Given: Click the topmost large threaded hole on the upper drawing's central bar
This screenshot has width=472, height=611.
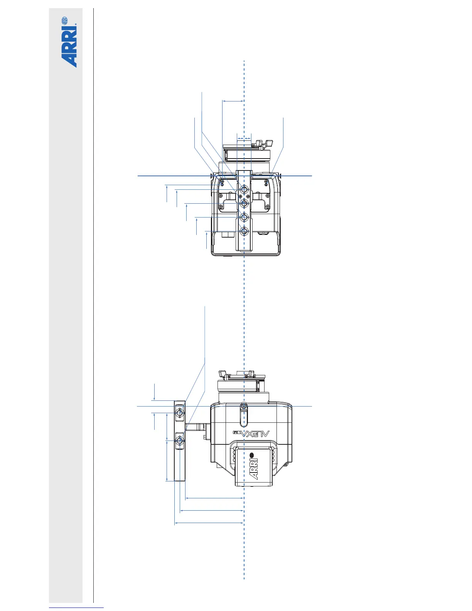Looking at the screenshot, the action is point(244,189).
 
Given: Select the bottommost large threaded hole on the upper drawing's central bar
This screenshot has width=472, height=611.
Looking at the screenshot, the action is point(244,231).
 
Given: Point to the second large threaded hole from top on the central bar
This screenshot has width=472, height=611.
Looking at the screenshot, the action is point(244,203).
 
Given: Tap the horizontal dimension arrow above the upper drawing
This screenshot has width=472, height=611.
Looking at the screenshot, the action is point(233,101).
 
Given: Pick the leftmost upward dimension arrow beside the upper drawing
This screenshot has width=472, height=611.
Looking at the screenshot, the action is point(167,194).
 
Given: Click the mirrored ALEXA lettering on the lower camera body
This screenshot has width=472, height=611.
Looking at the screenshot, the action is point(251,434).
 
